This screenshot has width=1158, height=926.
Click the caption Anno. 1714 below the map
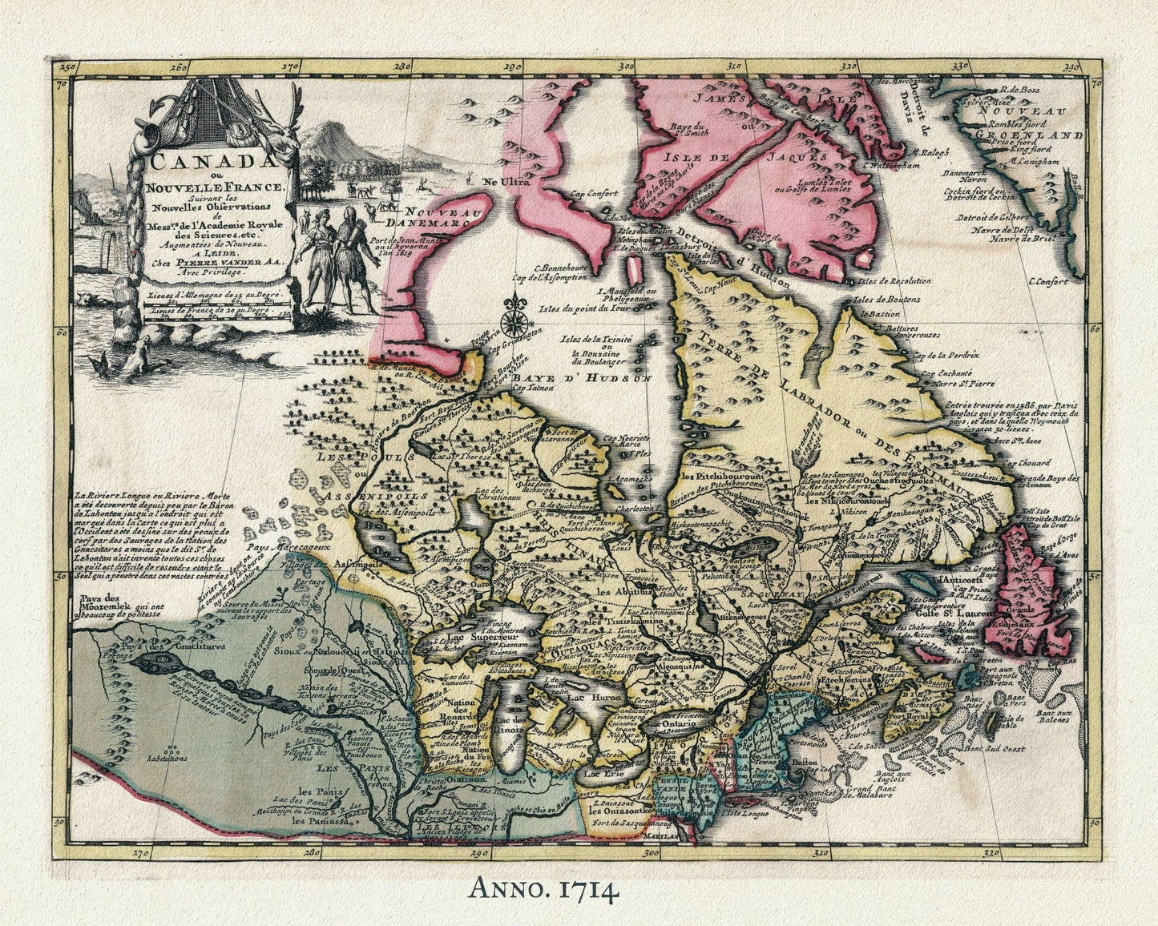point(543,890)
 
